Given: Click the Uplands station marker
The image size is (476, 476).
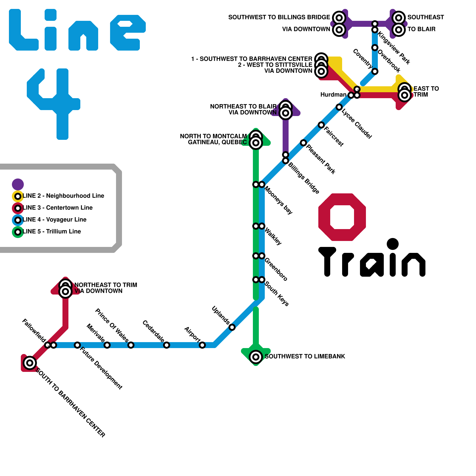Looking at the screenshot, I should [x=232, y=327].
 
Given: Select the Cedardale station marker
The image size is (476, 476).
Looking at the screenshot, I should [x=167, y=345].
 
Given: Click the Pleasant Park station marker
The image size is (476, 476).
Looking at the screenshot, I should [x=303, y=143].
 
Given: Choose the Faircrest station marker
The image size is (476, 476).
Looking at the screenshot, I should [x=321, y=125].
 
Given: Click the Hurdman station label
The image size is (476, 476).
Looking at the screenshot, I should [x=333, y=95].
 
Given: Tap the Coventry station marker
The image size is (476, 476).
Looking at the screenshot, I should [x=375, y=71].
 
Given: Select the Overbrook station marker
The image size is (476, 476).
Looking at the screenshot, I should [x=375, y=48].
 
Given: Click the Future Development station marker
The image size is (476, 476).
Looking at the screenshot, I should [x=77, y=345].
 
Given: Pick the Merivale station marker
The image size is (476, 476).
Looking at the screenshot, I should [x=107, y=345].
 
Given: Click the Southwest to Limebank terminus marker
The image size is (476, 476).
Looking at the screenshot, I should [x=256, y=357].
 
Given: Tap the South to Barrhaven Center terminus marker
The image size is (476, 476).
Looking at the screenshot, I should [x=30, y=363].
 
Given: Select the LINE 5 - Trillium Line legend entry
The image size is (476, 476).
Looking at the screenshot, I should [x=52, y=231].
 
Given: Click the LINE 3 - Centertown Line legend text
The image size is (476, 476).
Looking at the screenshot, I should [x=58, y=208].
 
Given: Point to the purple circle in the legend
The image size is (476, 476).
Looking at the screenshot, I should [x=18, y=184].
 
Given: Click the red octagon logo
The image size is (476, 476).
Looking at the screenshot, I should [x=342, y=217].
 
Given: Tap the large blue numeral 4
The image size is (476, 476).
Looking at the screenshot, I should [x=57, y=101].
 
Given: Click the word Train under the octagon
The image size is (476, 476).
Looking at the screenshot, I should [x=372, y=259].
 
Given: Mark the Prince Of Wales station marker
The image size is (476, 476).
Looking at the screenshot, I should [x=131, y=345].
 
